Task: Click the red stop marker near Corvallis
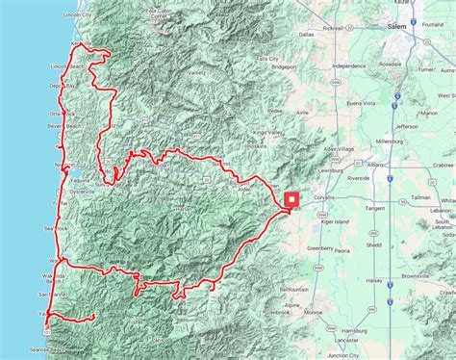291,199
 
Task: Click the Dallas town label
306,61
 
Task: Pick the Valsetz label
197,72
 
